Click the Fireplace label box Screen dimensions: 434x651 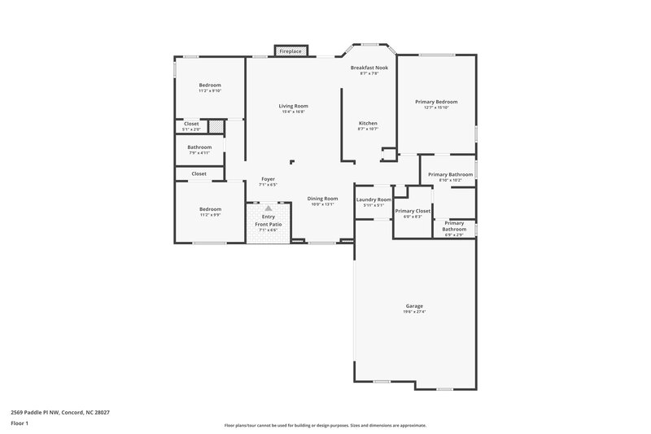tap(291, 51)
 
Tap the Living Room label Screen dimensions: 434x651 tap(294, 106)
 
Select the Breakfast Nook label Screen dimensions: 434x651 tap(369, 68)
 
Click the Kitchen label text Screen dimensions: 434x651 tap(368, 123)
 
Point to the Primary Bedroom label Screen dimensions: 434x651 tap(436, 102)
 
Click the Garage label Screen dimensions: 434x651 tap(414, 306)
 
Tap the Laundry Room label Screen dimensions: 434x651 tap(374, 199)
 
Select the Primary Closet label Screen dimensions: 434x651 tap(413, 211)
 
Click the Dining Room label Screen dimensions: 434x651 tap(322, 199)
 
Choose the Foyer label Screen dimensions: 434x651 tap(268, 179)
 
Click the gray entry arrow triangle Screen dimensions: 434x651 tap(268, 208)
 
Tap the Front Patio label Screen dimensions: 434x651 tap(268, 224)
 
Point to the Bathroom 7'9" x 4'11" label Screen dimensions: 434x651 tap(199, 147)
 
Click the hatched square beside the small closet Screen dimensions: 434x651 tap(216, 126)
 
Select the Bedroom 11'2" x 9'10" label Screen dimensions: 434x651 tap(210, 85)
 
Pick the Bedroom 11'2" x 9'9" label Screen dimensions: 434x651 tap(210, 209)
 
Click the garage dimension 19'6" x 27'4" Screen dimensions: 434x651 tap(414, 312)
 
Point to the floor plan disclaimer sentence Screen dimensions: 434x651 tap(325, 425)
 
